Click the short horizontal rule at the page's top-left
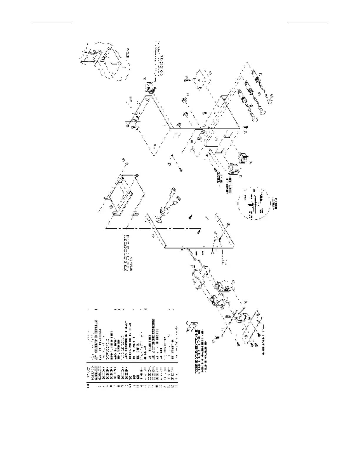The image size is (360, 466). pos(51,22)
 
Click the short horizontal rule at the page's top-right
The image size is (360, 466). pos(308,22)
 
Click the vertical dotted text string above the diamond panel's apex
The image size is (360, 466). pos(159,57)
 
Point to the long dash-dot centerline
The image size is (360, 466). pos(153,229)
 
